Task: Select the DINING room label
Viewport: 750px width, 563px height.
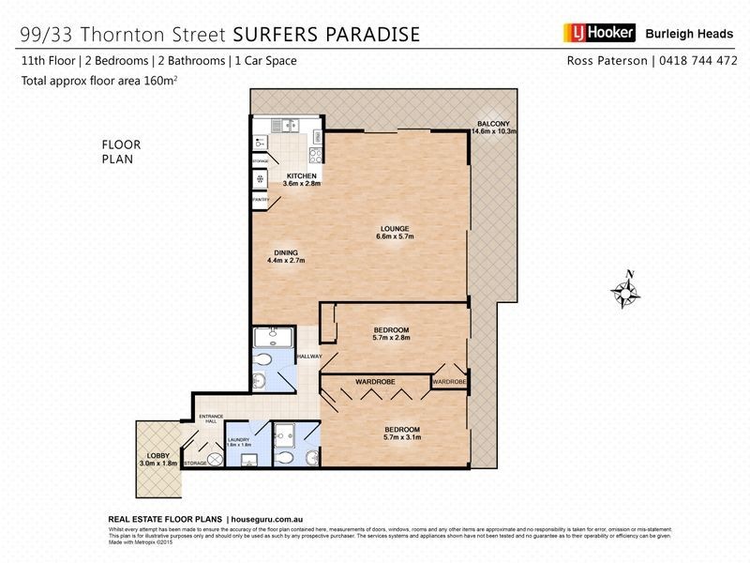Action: pyautogui.click(x=286, y=251)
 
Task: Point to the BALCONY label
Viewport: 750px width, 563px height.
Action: pyautogui.click(x=493, y=124)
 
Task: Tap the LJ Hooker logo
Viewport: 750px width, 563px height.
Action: pyautogui.click(x=598, y=34)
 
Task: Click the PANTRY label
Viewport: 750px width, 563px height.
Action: pyautogui.click(x=261, y=200)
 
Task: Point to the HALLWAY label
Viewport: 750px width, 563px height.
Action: pyautogui.click(x=309, y=357)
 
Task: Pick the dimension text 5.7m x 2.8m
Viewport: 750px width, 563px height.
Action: pyautogui.click(x=391, y=338)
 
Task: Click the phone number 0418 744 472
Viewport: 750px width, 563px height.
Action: pyautogui.click(x=685, y=60)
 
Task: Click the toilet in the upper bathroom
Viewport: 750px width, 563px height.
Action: pyautogui.click(x=264, y=359)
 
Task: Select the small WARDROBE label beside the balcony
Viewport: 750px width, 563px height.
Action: pyautogui.click(x=449, y=382)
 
